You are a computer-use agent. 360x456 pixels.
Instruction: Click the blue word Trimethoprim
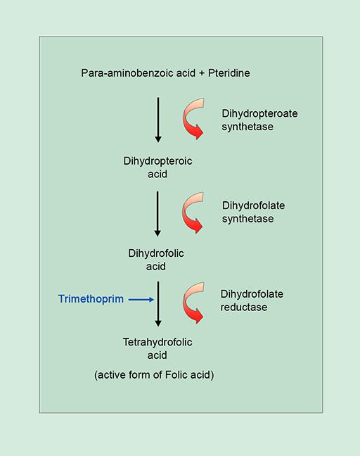point(91,299)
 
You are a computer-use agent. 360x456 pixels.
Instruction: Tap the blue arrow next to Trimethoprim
point(141,299)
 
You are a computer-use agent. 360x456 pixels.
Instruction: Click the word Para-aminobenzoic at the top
point(124,72)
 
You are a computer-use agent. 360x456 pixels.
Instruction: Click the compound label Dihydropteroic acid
point(157,167)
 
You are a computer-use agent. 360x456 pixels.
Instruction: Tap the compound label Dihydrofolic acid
point(157,260)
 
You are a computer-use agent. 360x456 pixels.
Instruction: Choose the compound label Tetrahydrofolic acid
point(157,348)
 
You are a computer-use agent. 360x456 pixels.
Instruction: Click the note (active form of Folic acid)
point(154,375)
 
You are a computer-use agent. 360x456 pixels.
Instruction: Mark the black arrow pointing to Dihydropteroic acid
point(158,120)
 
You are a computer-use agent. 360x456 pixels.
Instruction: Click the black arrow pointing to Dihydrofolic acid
point(158,212)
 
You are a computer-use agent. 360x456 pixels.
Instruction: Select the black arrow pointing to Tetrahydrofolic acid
point(158,303)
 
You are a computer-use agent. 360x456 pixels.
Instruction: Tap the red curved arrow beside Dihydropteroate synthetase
point(194,118)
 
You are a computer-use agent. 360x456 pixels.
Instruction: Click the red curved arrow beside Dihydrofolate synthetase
point(194,210)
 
